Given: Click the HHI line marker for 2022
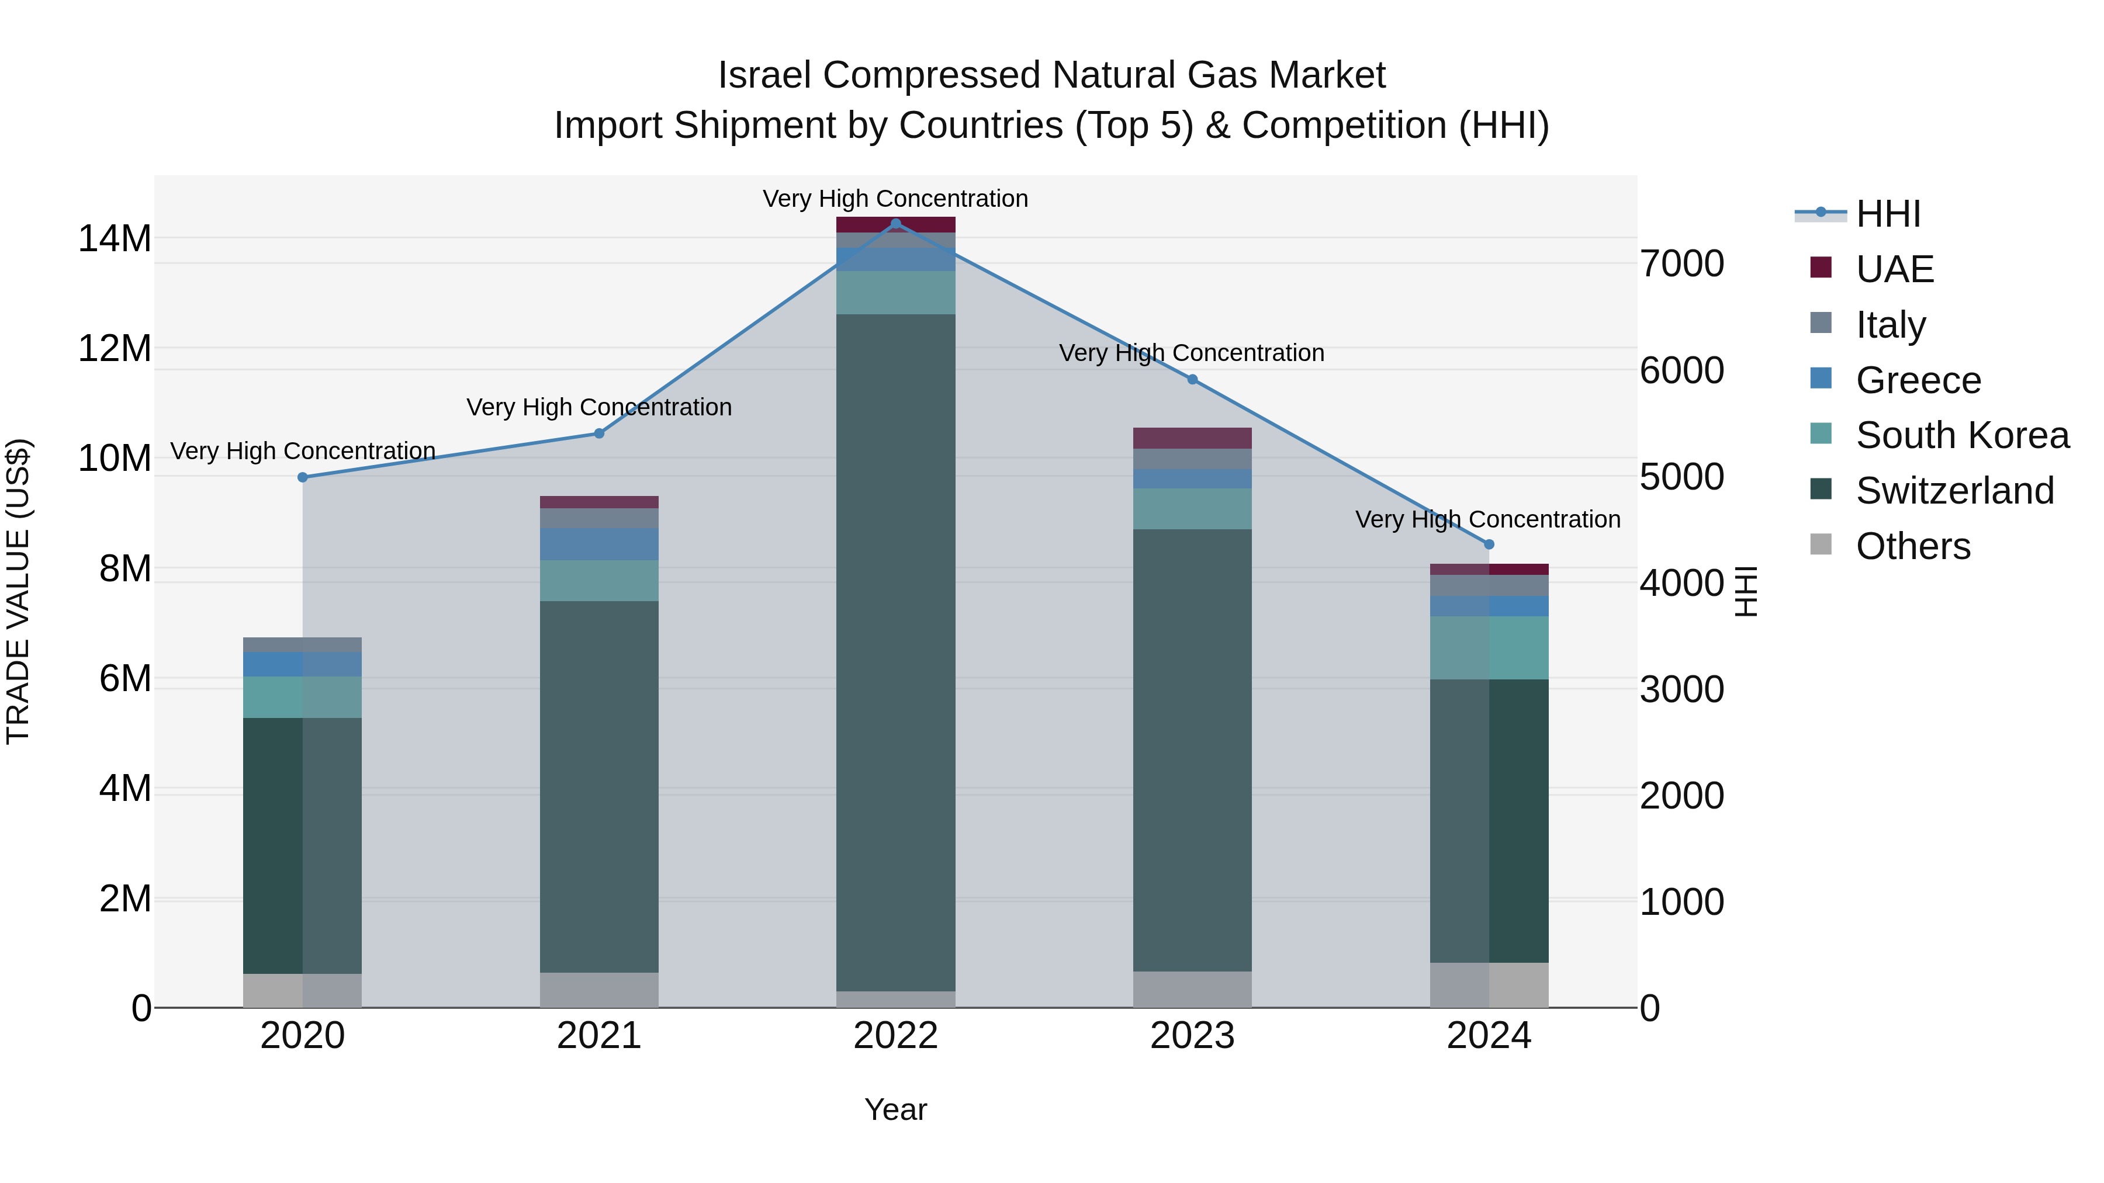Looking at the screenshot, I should [895, 223].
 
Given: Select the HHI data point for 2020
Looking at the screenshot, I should [302, 477].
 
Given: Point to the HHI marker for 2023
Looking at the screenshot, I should [1192, 379].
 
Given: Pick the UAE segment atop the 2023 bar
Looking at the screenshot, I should [1192, 438].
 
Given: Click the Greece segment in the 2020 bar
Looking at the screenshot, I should [302, 664].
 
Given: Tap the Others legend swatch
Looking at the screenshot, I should [1821, 544].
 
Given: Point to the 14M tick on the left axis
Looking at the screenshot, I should [115, 238].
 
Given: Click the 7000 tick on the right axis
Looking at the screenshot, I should [1681, 263].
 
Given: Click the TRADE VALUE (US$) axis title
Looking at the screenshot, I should [18, 591].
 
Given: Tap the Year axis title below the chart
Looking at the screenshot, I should [895, 1109].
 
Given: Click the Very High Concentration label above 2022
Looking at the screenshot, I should [895, 199].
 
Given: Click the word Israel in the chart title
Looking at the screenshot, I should [764, 75].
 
